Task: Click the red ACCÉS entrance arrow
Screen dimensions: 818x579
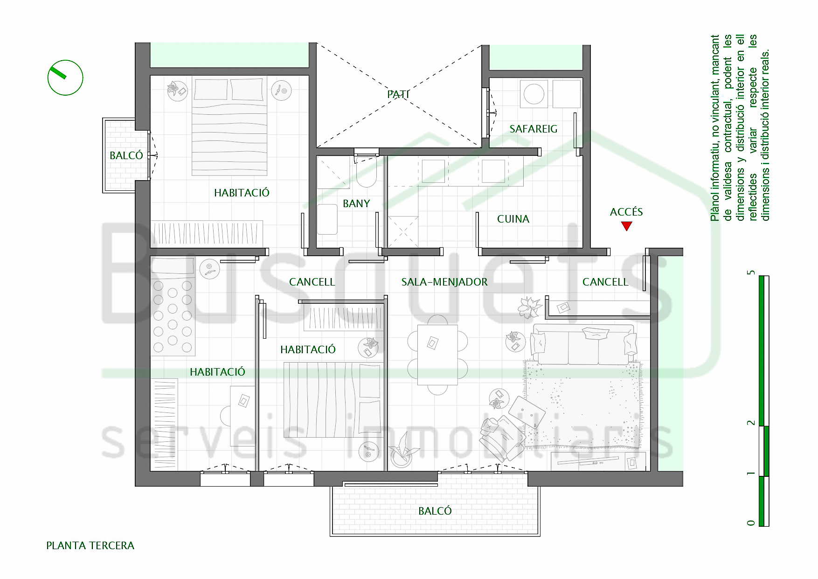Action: click(626, 226)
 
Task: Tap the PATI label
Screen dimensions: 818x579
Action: click(398, 94)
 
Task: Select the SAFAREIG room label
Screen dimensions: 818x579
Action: click(534, 129)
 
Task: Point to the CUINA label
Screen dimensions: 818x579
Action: click(513, 219)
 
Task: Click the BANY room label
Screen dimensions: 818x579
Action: click(356, 203)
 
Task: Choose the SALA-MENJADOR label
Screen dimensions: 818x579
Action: click(444, 282)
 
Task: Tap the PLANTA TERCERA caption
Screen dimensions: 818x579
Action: click(90, 545)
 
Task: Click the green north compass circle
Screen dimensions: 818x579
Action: click(65, 78)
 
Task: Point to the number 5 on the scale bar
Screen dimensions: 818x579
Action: click(751, 272)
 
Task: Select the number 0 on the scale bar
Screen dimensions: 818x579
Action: click(751, 523)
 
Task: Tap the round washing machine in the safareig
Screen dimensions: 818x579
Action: click(534, 94)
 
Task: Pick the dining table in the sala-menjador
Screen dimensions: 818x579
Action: click(437, 355)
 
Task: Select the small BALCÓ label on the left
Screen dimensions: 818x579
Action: click(126, 155)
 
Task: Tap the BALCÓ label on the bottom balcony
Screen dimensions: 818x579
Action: click(435, 511)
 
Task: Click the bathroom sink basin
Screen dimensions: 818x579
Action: click(327, 219)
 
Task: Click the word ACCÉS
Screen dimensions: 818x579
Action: click(626, 212)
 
